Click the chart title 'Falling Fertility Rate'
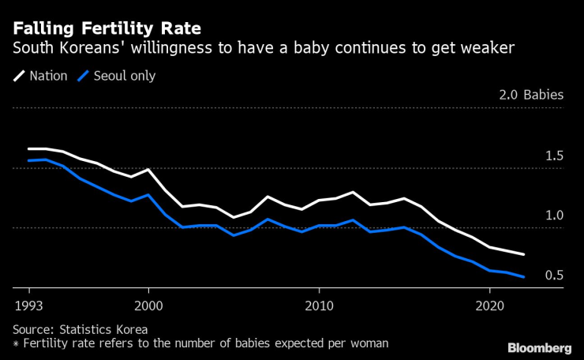[x=107, y=28]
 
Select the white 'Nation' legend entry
[x=42, y=77]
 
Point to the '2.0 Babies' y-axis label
[x=531, y=96]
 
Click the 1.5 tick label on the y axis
[x=554, y=156]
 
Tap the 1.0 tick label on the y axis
[x=554, y=216]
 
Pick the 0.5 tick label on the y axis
[x=554, y=276]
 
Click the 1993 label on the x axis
[x=28, y=305]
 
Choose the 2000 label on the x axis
[x=148, y=305]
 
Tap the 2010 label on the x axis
[x=319, y=305]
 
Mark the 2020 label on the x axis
[x=489, y=305]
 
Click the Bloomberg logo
[x=539, y=347]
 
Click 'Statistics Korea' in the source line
[x=103, y=329]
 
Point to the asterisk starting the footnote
[x=16, y=344]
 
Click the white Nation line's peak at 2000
[x=148, y=170]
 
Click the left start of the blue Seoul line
[x=28, y=160]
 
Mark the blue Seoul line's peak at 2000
[x=148, y=195]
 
